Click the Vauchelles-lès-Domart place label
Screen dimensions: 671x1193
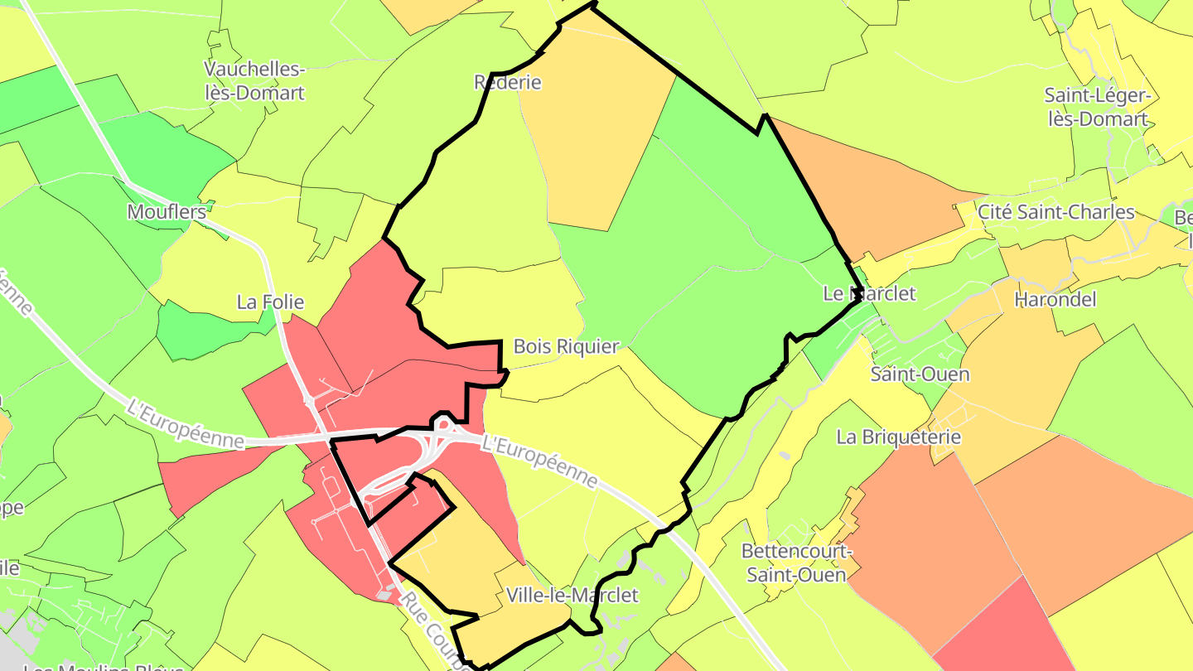[x=254, y=80]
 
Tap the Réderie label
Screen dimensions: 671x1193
[x=507, y=82]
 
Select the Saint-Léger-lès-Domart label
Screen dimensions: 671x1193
[x=1097, y=107]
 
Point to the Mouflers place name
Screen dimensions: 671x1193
[x=167, y=212]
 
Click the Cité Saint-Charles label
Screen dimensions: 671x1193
[x=1055, y=211]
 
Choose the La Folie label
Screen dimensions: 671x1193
[x=270, y=302]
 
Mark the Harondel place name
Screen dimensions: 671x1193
[x=1055, y=299]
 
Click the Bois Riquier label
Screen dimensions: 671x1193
[x=566, y=346]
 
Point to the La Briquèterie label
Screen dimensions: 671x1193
[x=898, y=437]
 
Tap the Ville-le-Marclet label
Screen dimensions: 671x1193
[x=572, y=596]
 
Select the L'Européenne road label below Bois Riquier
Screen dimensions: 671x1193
[x=539, y=462]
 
